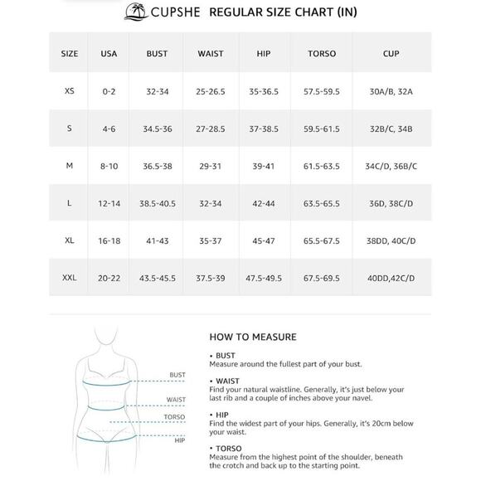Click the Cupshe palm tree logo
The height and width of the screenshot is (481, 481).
pos(134,12)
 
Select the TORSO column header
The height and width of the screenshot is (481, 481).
pos(321,54)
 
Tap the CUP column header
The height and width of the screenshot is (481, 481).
pos(391,54)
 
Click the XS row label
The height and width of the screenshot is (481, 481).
pos(70,91)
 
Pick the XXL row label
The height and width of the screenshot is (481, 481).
pos(70,278)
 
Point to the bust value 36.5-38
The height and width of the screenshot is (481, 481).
pos(157,166)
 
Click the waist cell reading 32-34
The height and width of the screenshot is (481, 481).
pos(211,203)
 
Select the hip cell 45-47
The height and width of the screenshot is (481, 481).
pos(264,240)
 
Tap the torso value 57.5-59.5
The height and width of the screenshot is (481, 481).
pos(321,91)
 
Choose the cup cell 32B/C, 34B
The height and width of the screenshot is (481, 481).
pos(391,129)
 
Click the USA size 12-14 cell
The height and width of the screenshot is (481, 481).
pos(109,203)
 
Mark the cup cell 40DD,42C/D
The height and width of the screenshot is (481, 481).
pos(391,278)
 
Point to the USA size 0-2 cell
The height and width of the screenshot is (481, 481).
pos(109,91)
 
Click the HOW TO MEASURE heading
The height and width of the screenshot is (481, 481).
pos(252,338)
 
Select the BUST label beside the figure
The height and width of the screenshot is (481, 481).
pos(177,375)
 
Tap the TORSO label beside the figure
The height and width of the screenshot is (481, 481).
pos(174,417)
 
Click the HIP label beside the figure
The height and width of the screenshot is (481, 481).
pos(179,440)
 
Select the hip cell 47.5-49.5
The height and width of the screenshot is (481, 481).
pos(264,278)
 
